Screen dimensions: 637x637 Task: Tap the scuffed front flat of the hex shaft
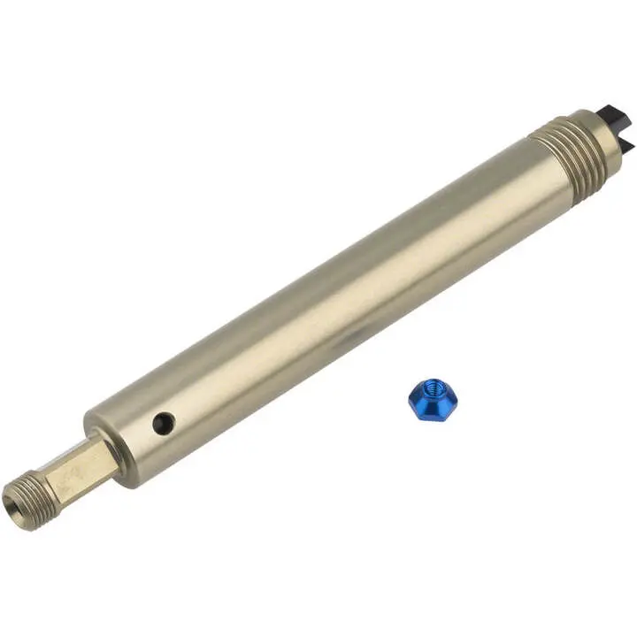(78, 477)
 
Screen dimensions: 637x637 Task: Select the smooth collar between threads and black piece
(590, 134)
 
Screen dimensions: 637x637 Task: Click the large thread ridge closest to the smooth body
(541, 164)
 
